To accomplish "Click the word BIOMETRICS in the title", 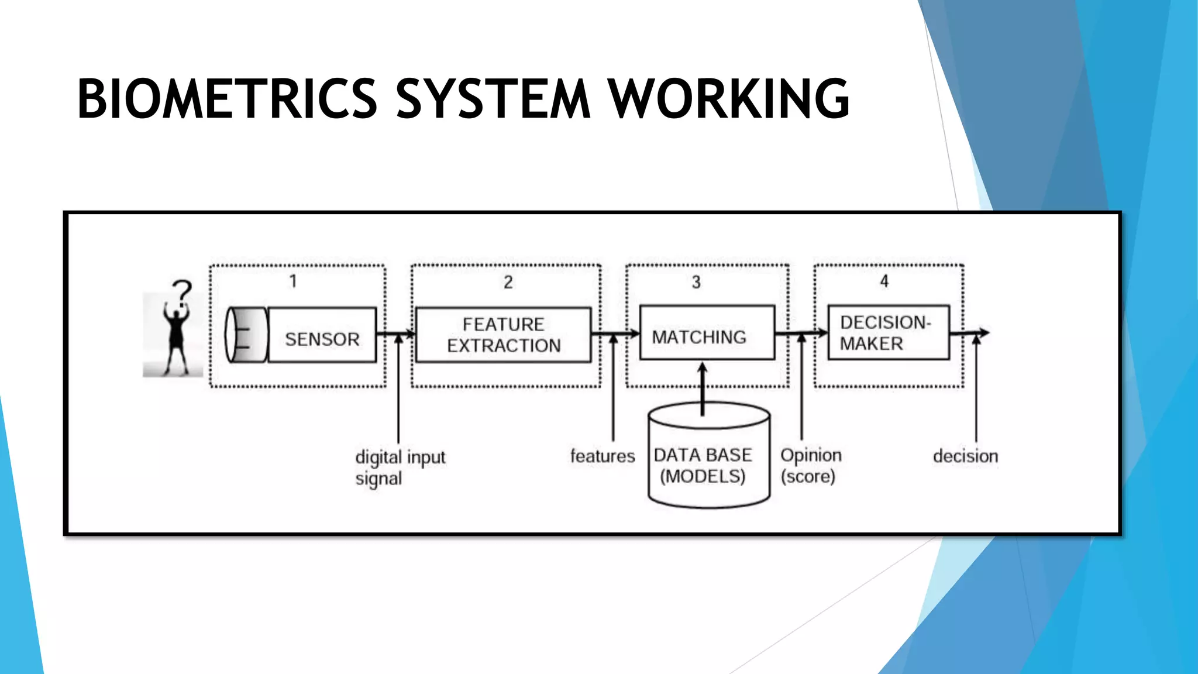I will (228, 99).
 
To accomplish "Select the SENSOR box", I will (322, 335).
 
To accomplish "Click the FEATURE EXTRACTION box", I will (503, 335).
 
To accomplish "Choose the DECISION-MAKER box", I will (888, 332).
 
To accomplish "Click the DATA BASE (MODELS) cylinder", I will (708, 462).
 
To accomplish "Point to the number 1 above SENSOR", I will (293, 281).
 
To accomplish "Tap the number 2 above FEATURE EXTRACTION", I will (508, 283).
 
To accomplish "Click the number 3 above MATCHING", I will (696, 283).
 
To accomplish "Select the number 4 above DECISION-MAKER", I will (884, 281).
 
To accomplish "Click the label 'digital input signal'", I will (400, 467).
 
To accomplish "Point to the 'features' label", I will (602, 456).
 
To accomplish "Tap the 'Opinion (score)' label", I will (810, 466).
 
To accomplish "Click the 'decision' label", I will (965, 456).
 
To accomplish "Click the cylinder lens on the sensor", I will (246, 335).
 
